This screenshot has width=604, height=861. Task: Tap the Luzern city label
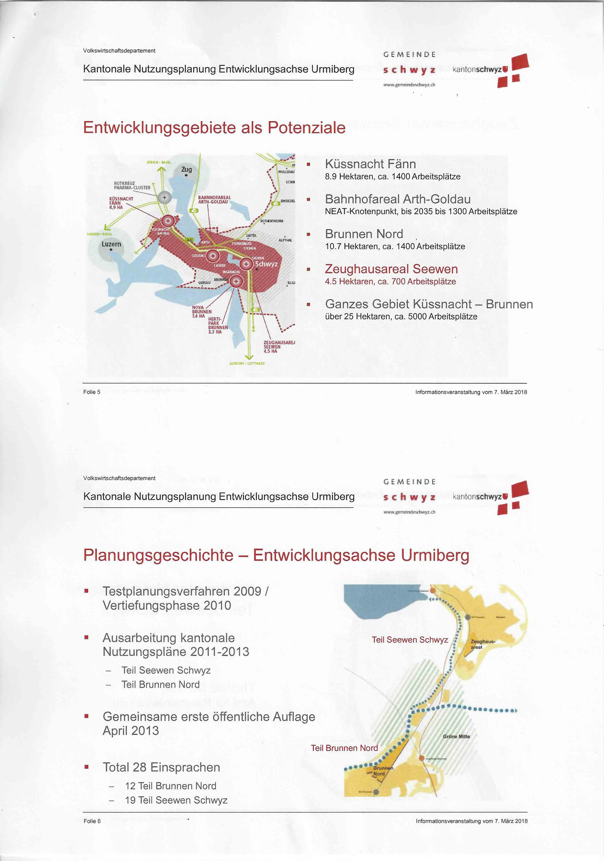pos(111,244)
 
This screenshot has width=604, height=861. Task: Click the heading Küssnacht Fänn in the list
pos(370,164)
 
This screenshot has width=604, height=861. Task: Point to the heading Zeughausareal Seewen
pos(391,269)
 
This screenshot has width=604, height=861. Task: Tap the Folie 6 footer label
pos(92,821)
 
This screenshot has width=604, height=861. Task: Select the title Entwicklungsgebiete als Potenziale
pos(214,127)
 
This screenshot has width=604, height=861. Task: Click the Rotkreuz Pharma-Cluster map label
pos(132,185)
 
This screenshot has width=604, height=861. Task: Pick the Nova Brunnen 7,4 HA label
pos(202,312)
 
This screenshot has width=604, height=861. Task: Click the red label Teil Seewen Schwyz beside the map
pos(410,640)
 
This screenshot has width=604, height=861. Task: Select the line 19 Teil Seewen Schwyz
pos(176,800)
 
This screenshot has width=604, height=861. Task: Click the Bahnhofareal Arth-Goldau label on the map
pos(214,199)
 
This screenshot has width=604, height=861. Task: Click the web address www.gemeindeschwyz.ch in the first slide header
pos(409,85)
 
